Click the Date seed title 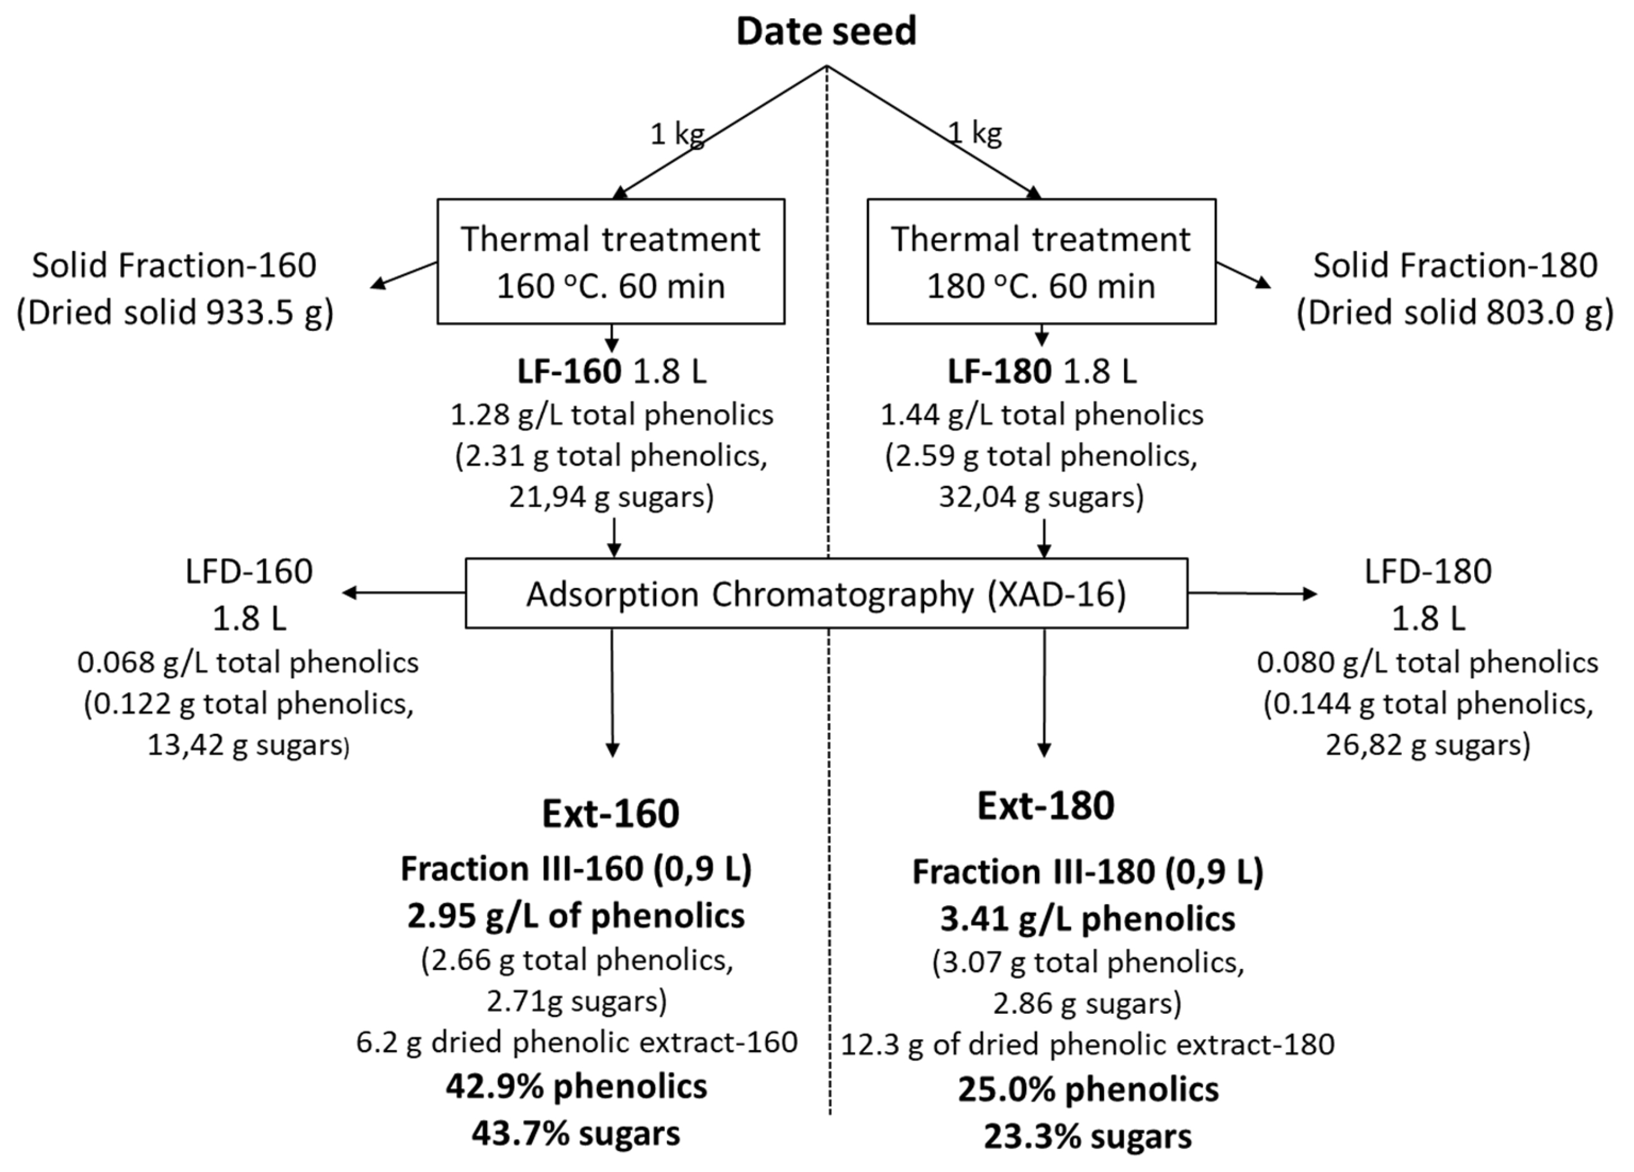click(826, 32)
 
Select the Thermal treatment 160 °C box click(610, 262)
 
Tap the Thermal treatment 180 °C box click(1041, 262)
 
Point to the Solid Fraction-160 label click(174, 265)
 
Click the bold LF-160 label click(569, 372)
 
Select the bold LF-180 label click(999, 372)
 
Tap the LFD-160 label click(249, 572)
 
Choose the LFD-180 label click(1427, 572)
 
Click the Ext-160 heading click(610, 813)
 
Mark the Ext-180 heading click(1046, 805)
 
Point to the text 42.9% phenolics click(577, 1086)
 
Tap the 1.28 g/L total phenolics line click(612, 414)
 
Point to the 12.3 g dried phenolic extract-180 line click(1087, 1044)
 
